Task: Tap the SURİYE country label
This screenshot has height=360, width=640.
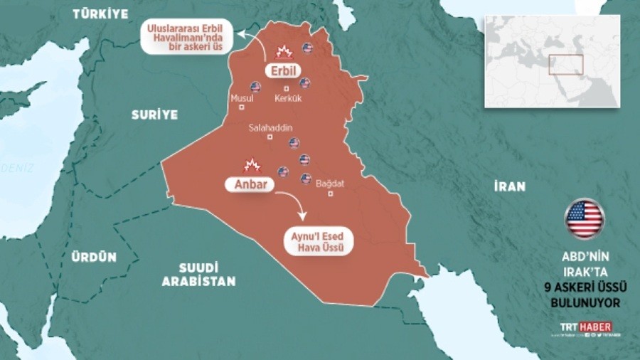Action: point(154,115)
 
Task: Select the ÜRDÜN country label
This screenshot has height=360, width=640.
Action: point(94,258)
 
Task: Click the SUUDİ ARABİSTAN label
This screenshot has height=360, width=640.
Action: point(198,275)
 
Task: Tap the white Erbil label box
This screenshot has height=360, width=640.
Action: point(283,72)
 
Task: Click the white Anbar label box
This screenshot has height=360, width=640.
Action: point(250,184)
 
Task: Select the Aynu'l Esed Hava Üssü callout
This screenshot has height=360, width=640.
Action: point(318,242)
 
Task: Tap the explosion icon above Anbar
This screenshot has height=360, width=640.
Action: point(250,166)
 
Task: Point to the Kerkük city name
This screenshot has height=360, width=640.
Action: point(288,98)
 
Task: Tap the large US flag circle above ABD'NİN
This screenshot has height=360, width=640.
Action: point(585,218)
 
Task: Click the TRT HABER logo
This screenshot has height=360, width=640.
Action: point(585,327)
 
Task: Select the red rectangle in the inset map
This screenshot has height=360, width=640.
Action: point(566,64)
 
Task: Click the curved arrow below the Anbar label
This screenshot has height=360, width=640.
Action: point(299,207)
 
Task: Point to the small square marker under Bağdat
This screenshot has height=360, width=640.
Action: point(329,194)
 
